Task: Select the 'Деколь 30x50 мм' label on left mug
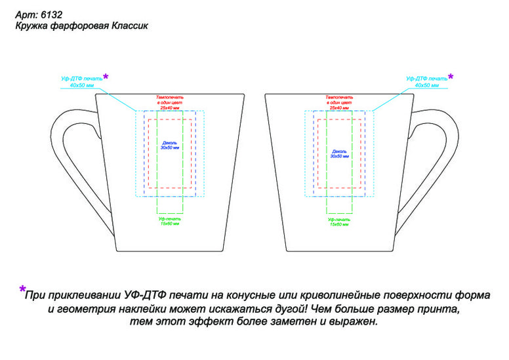click(x=171, y=145)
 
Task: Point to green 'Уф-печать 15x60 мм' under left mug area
click(x=170, y=221)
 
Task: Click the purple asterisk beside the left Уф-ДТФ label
click(x=106, y=77)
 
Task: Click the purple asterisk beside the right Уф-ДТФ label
click(x=450, y=77)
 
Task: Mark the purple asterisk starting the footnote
click(x=22, y=289)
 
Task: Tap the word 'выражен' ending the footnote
click(x=355, y=323)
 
